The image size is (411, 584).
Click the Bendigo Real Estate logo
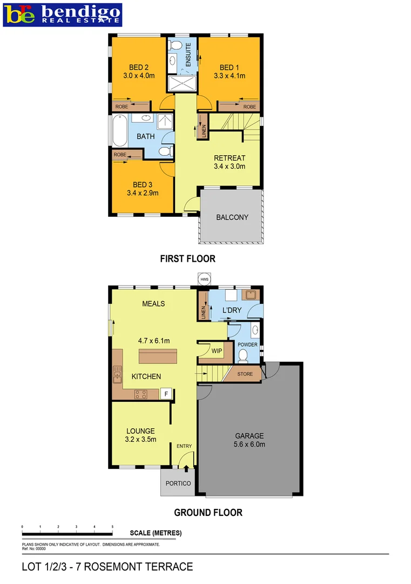[x=63, y=15]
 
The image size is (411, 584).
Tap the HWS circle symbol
[x=204, y=279]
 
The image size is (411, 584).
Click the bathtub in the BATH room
[x=119, y=130]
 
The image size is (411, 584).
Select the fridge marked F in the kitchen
[x=166, y=393]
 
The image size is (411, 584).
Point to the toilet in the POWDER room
[x=242, y=355]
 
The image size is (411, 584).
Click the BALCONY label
[x=232, y=217]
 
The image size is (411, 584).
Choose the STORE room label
[x=245, y=374]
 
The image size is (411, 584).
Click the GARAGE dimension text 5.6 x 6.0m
[x=249, y=444]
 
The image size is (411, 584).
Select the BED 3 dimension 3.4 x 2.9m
[x=143, y=193]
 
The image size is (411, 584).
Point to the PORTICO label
[x=178, y=483]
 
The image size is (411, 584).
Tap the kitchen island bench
[x=158, y=357]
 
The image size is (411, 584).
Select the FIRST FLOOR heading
[x=187, y=259]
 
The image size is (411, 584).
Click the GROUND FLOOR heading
[x=208, y=513]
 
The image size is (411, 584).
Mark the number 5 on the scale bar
[x=112, y=526]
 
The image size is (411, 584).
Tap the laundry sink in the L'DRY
[x=250, y=295]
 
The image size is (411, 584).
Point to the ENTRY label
[x=184, y=446]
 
